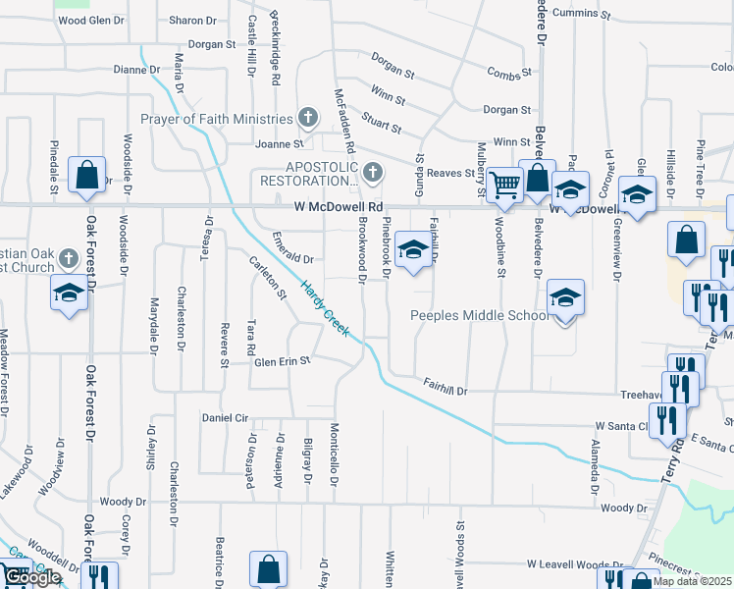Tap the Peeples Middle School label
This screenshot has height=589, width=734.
[479, 316]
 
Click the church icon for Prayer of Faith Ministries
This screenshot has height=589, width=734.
[307, 119]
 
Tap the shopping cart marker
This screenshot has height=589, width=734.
[504, 184]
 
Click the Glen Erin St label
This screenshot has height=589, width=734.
[268, 361]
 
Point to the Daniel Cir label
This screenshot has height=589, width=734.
[225, 418]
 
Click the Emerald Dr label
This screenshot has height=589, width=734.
[292, 260]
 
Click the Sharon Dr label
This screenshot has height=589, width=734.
[192, 21]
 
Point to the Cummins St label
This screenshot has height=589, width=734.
[582, 15]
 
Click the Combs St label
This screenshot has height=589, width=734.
[509, 73]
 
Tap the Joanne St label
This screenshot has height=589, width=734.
[274, 144]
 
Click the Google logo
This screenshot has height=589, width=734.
[31, 578]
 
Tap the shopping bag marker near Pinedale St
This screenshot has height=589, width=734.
[87, 176]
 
